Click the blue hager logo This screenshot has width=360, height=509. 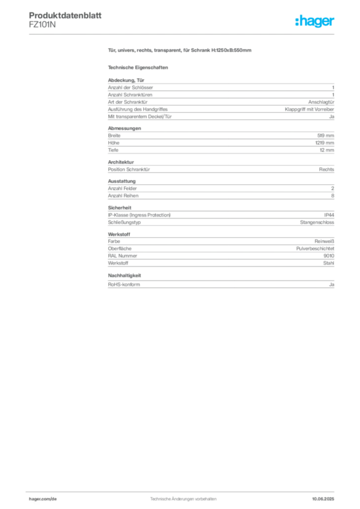pyautogui.click(x=315, y=22)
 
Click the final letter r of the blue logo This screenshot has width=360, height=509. pyautogui.click(x=334, y=22)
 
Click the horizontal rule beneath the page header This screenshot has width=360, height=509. pyautogui.click(x=183, y=34)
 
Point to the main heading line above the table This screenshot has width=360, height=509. pyautogui.click(x=181, y=51)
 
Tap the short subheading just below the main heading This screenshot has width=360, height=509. pyautogui.click(x=139, y=67)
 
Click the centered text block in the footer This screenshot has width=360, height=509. pyautogui.click(x=183, y=497)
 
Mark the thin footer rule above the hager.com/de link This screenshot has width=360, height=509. pyautogui.click(x=183, y=491)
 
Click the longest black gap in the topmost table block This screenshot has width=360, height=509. pyautogui.click(x=229, y=101)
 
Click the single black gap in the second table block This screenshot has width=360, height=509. pyautogui.click(x=219, y=149)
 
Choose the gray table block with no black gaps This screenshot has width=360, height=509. pyautogui.click(x=221, y=216)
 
